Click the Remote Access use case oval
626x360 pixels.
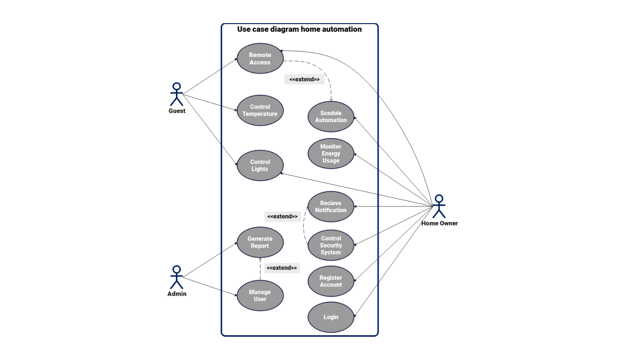pos(260,59)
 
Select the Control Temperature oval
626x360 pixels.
pos(260,111)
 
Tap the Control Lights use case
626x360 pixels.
pos(260,166)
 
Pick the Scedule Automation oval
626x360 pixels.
pos(331,117)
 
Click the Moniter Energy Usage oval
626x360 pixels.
pos(331,154)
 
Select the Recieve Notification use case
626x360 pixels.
pos(331,207)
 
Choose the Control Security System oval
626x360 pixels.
pos(331,245)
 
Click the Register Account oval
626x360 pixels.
pos(331,282)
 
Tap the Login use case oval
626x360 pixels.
pos(331,317)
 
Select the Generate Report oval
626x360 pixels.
pos(260,242)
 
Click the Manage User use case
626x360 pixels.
pos(260,296)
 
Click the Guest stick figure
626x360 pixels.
pos(177,94)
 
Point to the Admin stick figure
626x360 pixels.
pos(177,277)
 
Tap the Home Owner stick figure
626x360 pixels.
pos(439,206)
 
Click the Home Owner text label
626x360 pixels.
pos(439,223)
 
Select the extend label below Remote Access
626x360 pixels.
pos(304,79)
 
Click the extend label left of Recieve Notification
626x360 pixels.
pos(282,216)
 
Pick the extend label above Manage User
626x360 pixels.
pos(282,268)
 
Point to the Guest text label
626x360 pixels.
pos(177,111)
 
